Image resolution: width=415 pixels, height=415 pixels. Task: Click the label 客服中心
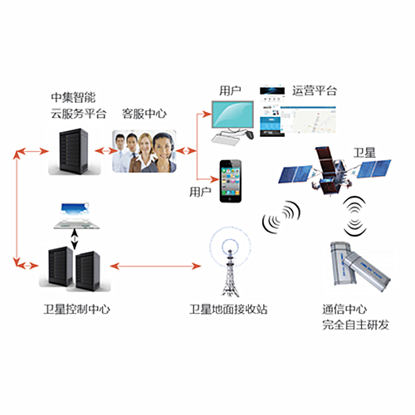144,114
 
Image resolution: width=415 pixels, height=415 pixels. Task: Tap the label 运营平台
315,90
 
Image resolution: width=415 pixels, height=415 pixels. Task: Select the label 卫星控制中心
76,309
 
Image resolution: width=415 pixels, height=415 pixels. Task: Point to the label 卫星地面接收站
228,309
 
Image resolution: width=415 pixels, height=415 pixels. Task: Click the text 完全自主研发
356,325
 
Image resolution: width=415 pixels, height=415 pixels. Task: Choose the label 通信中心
344,309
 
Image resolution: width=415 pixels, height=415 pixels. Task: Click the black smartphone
231,181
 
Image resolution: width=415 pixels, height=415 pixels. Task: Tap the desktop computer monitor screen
232,114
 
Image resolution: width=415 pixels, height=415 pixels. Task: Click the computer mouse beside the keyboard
249,134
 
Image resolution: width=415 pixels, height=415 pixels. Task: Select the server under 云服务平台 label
74,151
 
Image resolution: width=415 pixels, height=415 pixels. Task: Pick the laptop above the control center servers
76,216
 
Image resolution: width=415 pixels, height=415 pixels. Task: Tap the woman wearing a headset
163,153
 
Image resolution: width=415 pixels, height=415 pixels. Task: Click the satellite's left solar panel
295,173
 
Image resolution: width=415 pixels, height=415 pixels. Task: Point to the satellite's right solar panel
373,168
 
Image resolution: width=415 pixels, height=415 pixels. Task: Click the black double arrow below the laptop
74,239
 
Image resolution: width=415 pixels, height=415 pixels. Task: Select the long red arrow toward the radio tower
155,266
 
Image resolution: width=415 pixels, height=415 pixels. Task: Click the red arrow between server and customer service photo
106,151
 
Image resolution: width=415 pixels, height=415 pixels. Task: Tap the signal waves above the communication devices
354,216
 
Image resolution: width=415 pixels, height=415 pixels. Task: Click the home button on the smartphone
231,199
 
